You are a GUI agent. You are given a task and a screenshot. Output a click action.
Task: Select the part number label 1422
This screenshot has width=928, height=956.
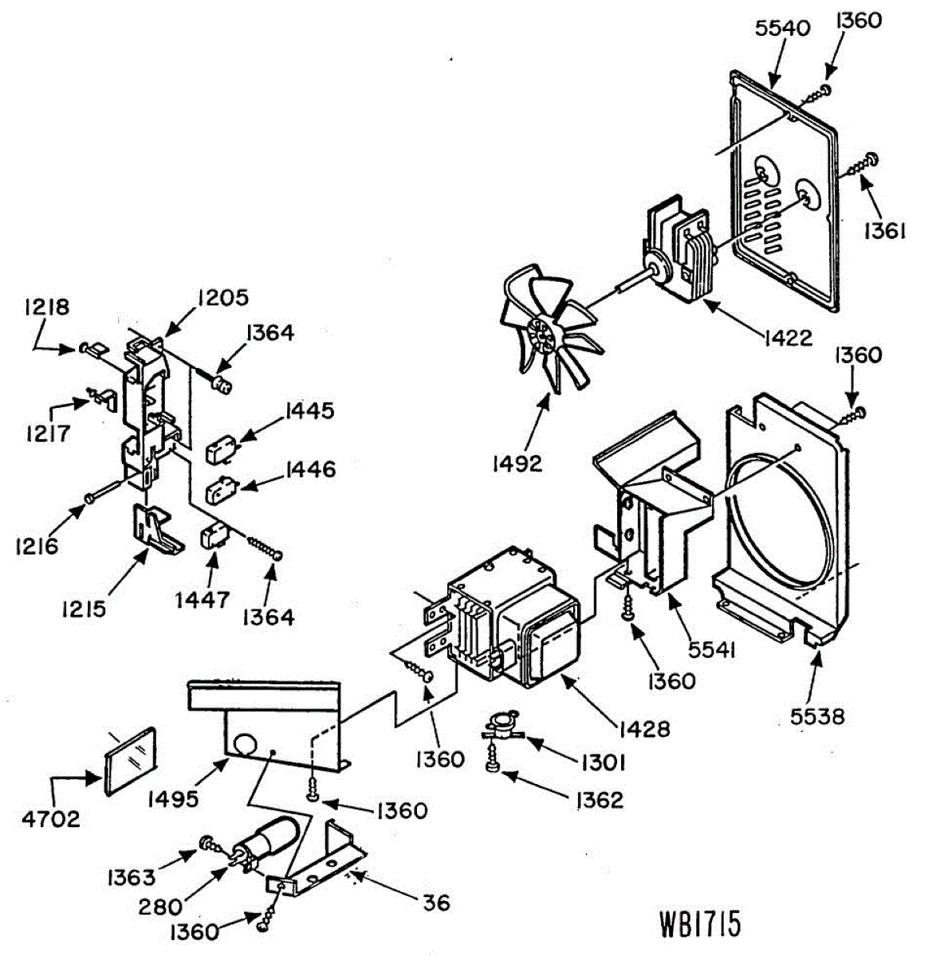click(786, 338)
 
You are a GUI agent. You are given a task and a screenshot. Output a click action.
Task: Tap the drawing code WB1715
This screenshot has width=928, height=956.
click(700, 924)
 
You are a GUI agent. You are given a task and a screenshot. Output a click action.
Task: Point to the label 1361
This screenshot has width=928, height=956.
click(883, 231)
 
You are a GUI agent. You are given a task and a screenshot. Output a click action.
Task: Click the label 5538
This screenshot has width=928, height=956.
click(812, 716)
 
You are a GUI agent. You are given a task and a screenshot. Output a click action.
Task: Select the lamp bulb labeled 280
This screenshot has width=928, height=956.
click(266, 844)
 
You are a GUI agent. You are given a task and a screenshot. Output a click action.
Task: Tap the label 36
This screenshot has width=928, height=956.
click(437, 903)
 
